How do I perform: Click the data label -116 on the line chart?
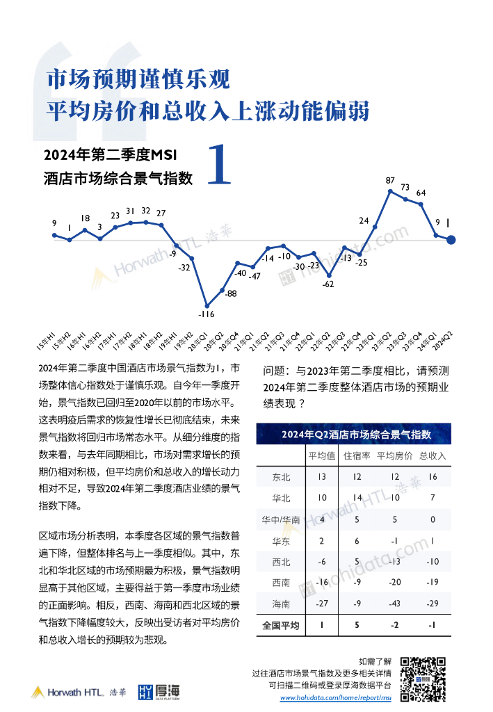pyautogui.click(x=206, y=314)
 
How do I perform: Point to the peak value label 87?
pyautogui.click(x=391, y=180)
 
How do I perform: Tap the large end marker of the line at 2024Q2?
pyautogui.click(x=451, y=240)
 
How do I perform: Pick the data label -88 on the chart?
pyautogui.click(x=231, y=293)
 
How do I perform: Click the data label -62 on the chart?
pyautogui.click(x=329, y=284)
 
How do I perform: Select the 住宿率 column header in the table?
pyautogui.click(x=357, y=456)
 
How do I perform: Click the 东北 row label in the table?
pyautogui.click(x=282, y=477)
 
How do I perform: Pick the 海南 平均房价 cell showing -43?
pyautogui.click(x=394, y=604)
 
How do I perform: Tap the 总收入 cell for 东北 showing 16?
pyautogui.click(x=433, y=477)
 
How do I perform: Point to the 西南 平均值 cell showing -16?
pyautogui.click(x=321, y=583)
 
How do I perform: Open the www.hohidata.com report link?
pyautogui.click(x=336, y=697)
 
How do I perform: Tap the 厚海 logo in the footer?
pyautogui.click(x=159, y=691)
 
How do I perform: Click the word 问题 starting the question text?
pyautogui.click(x=274, y=371)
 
